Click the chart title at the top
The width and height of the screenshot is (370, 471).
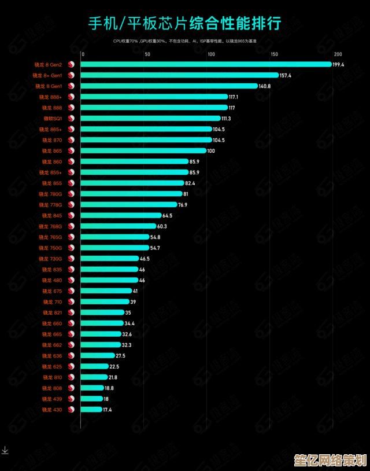coord(185,23)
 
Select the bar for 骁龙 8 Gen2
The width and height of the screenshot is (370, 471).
coord(205,64)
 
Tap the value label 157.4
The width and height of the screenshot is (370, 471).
coord(286,75)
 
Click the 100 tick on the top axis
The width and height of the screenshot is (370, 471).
coord(210,54)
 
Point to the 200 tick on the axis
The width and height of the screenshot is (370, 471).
coord(338,54)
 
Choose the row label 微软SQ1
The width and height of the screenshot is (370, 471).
coord(53,118)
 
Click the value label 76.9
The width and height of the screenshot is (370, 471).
coord(183,204)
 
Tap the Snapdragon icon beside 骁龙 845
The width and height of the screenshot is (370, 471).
coord(71,215)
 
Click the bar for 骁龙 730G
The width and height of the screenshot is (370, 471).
coord(109,259)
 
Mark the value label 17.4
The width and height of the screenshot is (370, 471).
coord(108,410)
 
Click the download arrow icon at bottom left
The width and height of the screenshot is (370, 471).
coord(5,450)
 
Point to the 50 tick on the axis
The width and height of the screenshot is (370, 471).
coord(147,54)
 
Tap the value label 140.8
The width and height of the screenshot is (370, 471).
coord(265,86)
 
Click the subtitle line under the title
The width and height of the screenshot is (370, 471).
coord(185,41)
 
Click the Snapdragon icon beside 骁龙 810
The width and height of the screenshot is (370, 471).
coord(71,377)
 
